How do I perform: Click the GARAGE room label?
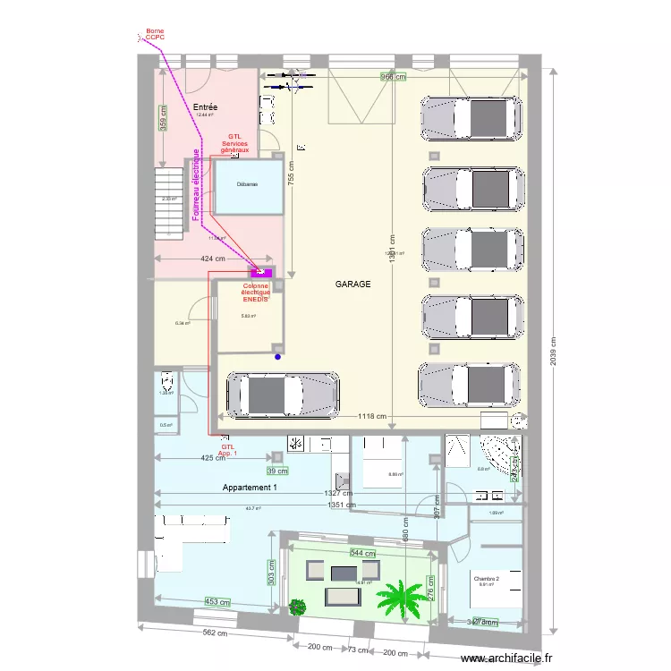(352, 284)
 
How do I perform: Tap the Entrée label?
(205, 107)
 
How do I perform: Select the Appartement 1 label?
(251, 488)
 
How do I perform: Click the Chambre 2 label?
(488, 579)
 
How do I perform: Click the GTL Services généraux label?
(237, 143)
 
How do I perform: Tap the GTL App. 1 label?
(228, 450)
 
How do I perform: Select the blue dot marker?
(277, 357)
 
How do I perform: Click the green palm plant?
(402, 597)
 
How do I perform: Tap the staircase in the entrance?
(168, 201)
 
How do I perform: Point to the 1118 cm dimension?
(371, 416)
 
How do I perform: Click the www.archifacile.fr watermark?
(507, 658)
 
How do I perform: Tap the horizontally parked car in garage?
(282, 394)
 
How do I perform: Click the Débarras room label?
(247, 184)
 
